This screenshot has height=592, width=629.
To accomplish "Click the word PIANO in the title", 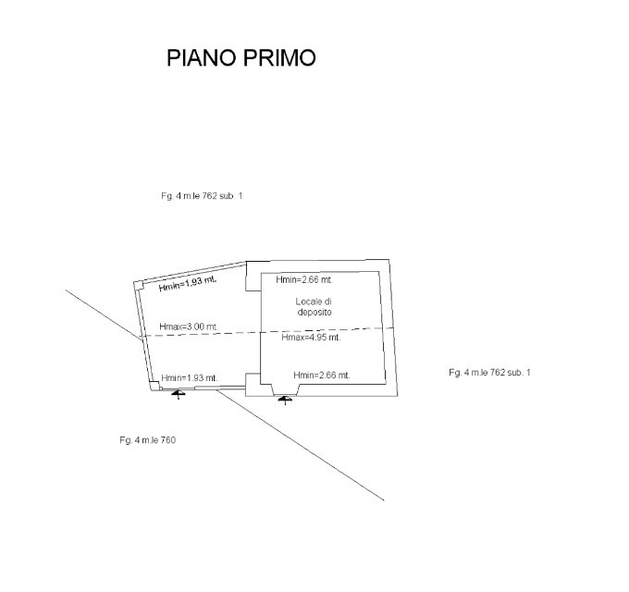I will pos(198,58).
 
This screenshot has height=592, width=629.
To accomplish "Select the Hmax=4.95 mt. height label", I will pos(311,338).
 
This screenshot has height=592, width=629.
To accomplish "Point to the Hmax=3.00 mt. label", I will pos(189,327).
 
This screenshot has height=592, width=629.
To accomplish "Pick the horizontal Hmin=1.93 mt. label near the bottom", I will pos(189,377).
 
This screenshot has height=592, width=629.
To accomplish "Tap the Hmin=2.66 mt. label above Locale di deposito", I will pos(304,279).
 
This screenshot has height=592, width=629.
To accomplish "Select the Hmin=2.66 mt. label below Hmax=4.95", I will pos(321,375).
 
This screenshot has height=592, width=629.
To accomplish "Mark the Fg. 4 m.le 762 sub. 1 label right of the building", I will pos(489,372).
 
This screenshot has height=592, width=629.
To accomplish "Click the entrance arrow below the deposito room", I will pos(286,399).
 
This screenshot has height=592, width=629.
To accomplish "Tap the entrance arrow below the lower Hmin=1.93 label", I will pos(179,393).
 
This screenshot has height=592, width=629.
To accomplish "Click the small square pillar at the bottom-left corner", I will pos(154,387).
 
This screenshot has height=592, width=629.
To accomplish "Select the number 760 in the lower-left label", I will pos(167,439).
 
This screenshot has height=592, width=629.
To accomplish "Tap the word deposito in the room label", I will pos(314,314).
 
